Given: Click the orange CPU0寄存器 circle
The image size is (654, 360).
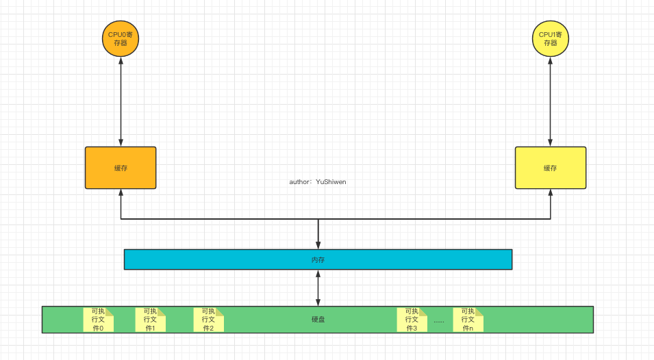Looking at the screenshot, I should (121, 38).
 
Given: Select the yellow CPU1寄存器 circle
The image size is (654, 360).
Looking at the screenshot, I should (551, 38).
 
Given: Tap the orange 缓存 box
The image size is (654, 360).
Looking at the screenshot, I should (121, 168).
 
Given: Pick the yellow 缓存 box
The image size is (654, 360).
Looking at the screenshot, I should (551, 168).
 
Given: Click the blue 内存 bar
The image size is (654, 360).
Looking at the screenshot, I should (318, 259).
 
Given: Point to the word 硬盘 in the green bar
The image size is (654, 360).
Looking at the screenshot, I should (318, 320).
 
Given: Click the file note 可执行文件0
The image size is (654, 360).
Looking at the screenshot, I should (98, 320).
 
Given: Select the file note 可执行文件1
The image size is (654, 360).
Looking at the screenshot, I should (151, 320).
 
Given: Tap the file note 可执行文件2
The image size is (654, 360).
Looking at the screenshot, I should (208, 320).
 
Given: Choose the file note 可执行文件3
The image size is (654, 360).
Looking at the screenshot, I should (412, 320).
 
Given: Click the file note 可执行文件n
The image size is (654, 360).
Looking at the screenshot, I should (468, 320).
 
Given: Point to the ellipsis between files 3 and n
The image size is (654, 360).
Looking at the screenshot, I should (439, 321).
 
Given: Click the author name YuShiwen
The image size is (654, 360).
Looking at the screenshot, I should (331, 182).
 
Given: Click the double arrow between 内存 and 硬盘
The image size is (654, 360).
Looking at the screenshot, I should (318, 288).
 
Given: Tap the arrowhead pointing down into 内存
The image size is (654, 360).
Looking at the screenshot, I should (318, 245).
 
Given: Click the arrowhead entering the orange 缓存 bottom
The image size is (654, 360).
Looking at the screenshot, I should (121, 194).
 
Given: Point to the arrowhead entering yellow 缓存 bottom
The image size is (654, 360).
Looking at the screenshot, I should (551, 194).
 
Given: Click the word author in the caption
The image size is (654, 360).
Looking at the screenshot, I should (299, 182).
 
